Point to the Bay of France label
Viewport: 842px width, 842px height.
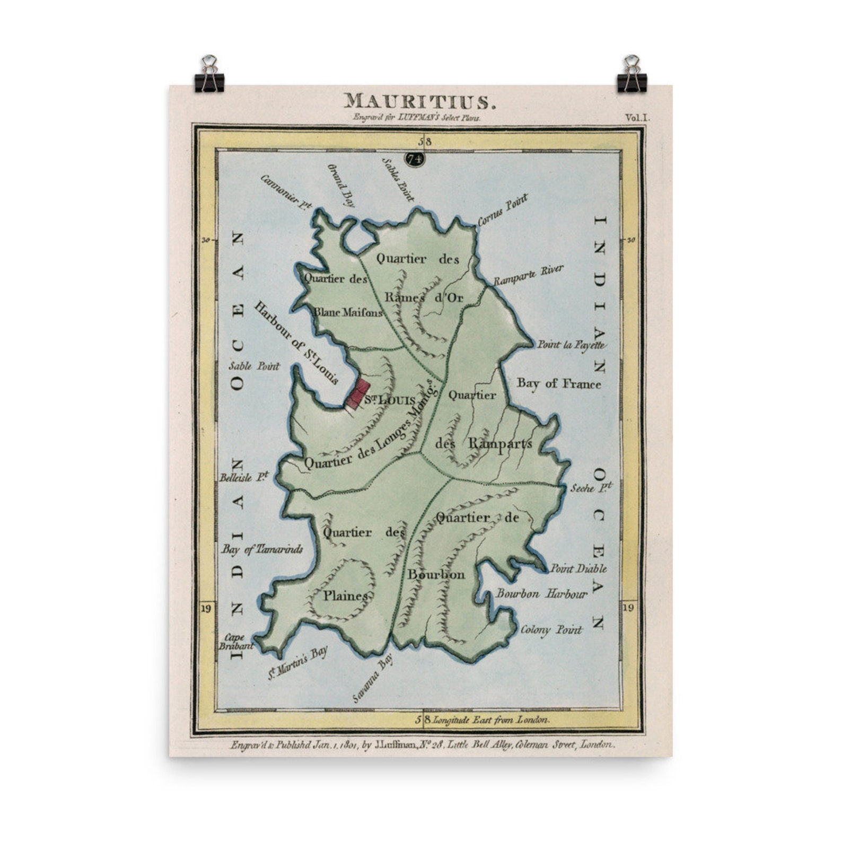(559, 383)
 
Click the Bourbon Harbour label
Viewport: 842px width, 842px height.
(542, 594)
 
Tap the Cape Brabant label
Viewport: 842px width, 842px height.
(234, 642)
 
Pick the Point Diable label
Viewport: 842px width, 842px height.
(578, 569)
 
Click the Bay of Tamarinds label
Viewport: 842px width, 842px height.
(262, 549)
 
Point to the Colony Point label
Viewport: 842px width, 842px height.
(551, 630)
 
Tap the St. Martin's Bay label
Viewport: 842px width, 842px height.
(297, 663)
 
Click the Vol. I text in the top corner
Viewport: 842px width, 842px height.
(636, 118)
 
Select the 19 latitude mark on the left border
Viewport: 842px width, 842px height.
(206, 608)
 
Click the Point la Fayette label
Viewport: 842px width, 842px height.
(571, 345)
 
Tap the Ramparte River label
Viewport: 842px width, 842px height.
(528, 276)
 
